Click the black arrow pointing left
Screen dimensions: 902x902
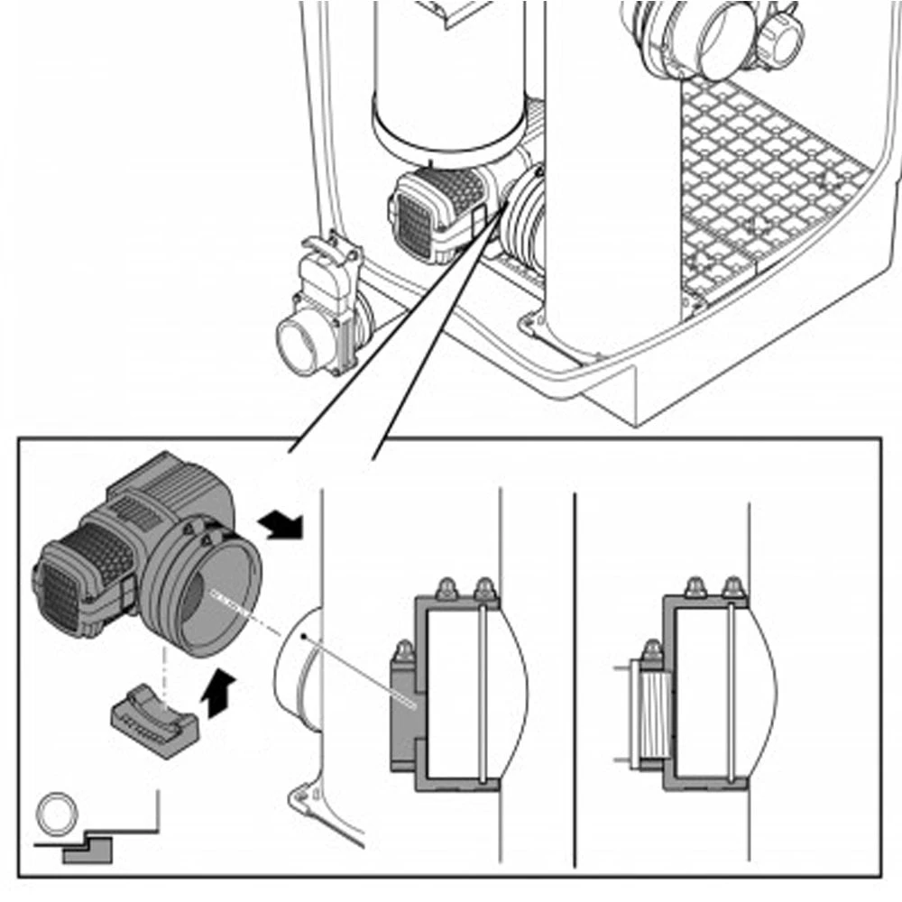(279, 522)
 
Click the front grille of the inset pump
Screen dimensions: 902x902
(59, 595)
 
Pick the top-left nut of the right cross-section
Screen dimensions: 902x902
(695, 587)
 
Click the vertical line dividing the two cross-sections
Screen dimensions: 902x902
(575, 676)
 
